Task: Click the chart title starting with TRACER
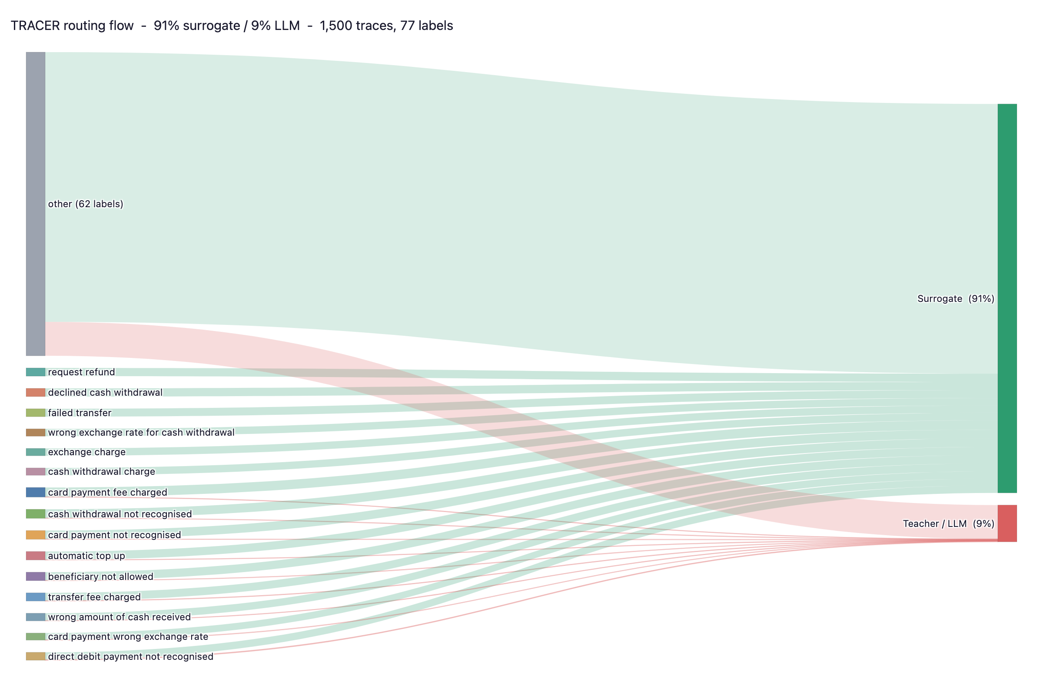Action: (232, 26)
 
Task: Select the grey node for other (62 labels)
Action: (36, 204)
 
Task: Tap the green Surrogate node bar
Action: (1006, 298)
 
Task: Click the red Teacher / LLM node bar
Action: (1006, 523)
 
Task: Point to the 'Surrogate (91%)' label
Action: (956, 299)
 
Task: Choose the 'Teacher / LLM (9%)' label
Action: (949, 524)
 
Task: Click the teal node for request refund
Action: (36, 372)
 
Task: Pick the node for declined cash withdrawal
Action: (36, 393)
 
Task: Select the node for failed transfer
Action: (36, 413)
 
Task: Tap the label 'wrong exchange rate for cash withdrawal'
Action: (141, 433)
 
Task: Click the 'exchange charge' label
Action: (86, 452)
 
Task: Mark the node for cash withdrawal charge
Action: (36, 472)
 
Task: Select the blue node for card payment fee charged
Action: (36, 493)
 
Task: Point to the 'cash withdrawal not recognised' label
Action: (120, 514)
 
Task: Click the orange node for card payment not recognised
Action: (36, 535)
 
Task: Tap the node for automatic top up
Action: (36, 556)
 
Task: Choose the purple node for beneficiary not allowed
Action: (36, 577)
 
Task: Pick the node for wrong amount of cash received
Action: (36, 617)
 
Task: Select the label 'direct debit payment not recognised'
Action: (130, 657)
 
